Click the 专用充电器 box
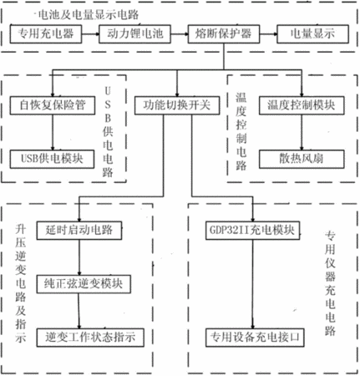click(46, 34)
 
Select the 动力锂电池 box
click(134, 34)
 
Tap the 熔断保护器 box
click(224, 34)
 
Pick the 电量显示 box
click(312, 34)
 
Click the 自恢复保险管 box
click(53, 105)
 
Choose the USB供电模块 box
click(52, 159)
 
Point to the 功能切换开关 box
click(177, 105)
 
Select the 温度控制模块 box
click(302, 105)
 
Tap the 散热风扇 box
click(302, 159)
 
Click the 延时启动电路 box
click(79, 231)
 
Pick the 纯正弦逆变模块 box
click(84, 284)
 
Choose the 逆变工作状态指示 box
click(90, 338)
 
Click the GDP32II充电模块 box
click(253, 231)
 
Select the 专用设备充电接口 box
click(255, 338)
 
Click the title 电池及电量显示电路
click(88, 15)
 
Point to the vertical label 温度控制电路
click(241, 131)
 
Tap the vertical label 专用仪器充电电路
click(330, 283)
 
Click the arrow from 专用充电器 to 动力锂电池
click(90, 34)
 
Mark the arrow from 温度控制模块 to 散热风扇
click(302, 132)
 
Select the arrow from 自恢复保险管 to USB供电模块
click(53, 132)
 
